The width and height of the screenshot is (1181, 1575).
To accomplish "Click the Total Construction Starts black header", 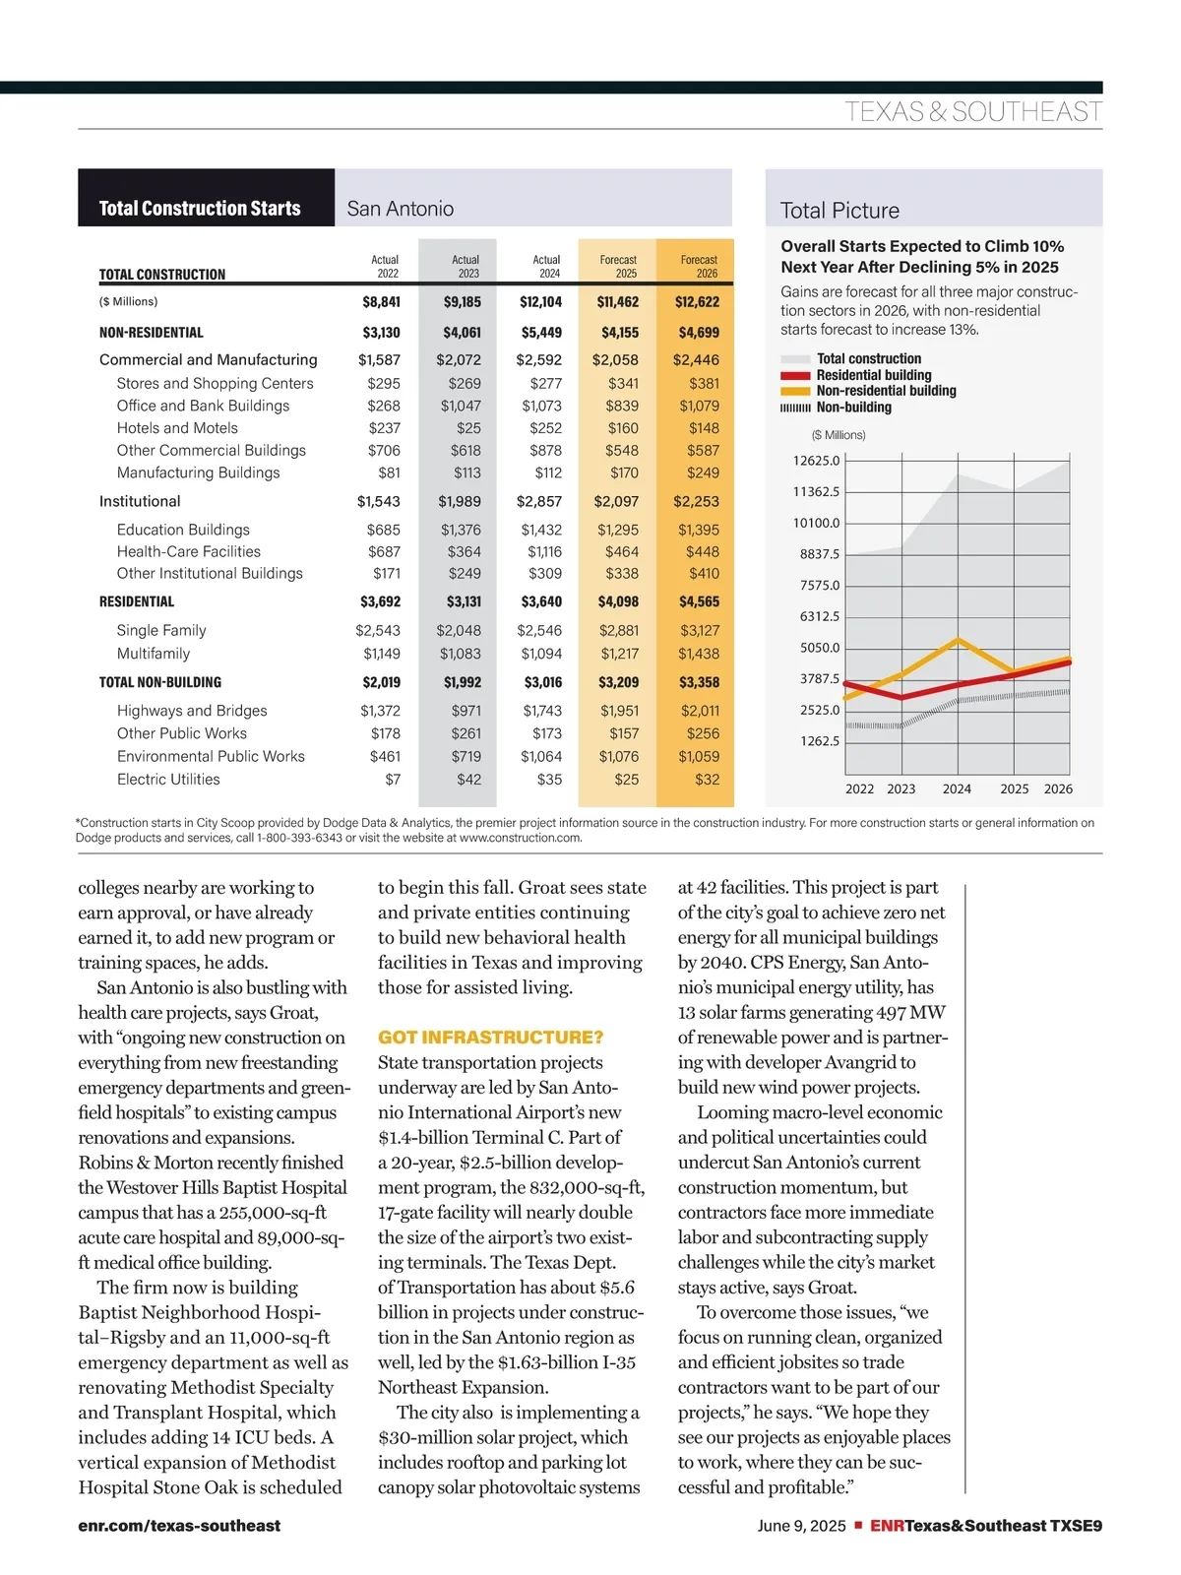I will [200, 208].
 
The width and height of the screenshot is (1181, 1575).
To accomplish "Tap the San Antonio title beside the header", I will [401, 209].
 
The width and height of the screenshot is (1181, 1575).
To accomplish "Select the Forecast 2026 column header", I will [699, 267].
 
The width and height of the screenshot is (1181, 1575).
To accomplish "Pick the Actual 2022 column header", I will [385, 267].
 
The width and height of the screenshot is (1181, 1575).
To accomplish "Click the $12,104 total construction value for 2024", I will [540, 302].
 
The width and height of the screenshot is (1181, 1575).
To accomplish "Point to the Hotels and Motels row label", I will [177, 428].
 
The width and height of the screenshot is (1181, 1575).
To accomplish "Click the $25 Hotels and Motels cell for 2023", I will [468, 428].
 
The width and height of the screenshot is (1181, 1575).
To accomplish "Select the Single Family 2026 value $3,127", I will [699, 631].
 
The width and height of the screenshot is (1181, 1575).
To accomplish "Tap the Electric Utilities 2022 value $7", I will [393, 780].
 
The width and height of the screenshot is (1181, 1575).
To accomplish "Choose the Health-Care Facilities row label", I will [189, 552].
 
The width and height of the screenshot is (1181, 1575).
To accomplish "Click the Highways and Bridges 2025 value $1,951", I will [620, 711].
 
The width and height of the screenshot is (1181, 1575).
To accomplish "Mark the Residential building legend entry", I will [873, 375].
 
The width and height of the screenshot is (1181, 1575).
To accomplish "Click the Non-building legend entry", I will [853, 408].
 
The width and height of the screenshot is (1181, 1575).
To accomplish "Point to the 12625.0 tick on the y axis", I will [816, 461].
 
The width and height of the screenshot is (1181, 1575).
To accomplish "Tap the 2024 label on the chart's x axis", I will [957, 789].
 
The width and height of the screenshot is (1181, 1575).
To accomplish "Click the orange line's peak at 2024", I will [958, 640].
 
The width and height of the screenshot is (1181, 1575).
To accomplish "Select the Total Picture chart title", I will [839, 211].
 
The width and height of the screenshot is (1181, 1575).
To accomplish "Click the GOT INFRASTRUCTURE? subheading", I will [490, 1038].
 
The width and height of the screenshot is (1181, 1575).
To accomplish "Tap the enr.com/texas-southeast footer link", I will [179, 1526].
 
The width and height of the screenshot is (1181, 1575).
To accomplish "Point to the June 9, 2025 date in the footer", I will [801, 1526].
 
